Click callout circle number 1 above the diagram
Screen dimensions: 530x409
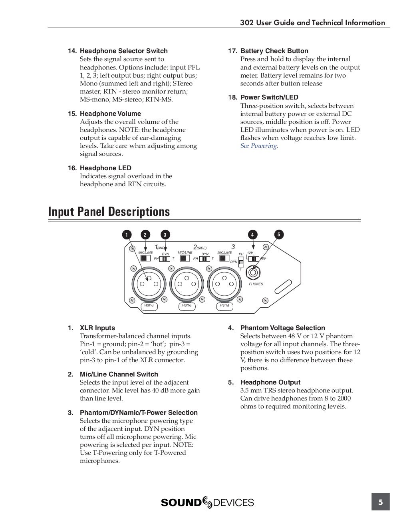click(126, 235)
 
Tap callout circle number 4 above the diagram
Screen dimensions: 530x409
click(252, 235)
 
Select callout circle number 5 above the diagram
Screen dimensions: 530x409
click(279, 235)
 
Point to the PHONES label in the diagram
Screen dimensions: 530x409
click(256, 284)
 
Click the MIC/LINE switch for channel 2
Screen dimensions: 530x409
click(184, 258)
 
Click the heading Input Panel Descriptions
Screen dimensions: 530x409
click(109, 211)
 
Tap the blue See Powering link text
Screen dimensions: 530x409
click(259, 146)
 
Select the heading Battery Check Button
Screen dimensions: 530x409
click(274, 51)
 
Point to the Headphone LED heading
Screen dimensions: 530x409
click(105, 168)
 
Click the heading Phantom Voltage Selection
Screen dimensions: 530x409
click(282, 328)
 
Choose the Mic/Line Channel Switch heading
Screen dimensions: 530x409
click(119, 375)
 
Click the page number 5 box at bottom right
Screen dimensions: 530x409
click(380, 502)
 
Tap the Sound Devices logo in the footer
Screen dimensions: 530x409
click(207, 502)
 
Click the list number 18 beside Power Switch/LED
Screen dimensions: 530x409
click(232, 98)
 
